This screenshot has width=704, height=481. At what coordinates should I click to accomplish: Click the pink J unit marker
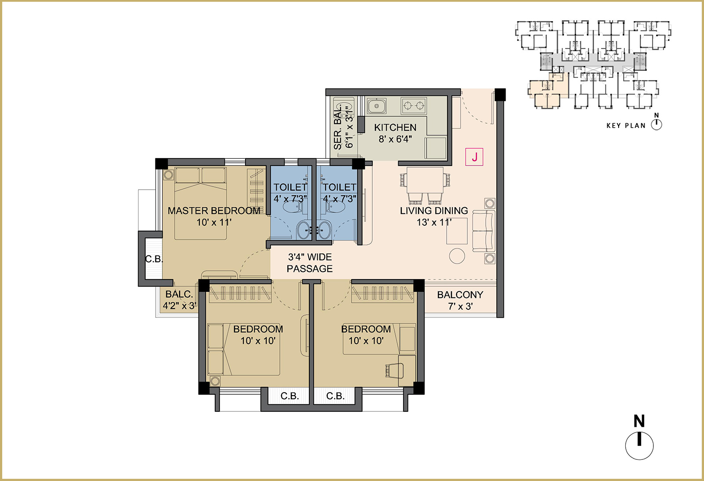click(474, 157)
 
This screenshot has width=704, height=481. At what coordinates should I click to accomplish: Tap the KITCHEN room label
click(395, 127)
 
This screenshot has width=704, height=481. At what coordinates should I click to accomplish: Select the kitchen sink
click(377, 106)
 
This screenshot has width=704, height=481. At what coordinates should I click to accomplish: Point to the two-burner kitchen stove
click(414, 106)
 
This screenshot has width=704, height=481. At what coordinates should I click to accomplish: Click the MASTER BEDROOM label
click(214, 211)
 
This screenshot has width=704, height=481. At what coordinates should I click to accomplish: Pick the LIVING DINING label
click(434, 211)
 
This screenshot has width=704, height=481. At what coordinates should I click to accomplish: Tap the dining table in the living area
click(425, 180)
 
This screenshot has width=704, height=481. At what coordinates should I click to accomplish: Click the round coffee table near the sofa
click(457, 256)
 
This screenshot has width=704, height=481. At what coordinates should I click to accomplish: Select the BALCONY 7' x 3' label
click(460, 300)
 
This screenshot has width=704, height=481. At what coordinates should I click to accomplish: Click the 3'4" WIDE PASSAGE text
click(310, 263)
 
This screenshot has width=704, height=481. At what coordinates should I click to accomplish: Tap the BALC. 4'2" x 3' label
click(180, 300)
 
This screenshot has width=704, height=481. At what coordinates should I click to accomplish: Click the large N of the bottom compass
click(639, 421)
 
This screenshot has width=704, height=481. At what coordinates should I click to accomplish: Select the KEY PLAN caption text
click(626, 126)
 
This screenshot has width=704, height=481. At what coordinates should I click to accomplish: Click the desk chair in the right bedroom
click(395, 371)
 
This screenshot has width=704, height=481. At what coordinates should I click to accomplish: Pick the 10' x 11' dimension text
click(214, 222)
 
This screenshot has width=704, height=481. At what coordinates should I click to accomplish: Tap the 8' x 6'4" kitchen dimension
click(395, 139)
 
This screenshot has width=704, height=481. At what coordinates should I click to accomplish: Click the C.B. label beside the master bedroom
click(154, 259)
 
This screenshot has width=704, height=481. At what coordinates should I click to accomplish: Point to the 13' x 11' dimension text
click(434, 222)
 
